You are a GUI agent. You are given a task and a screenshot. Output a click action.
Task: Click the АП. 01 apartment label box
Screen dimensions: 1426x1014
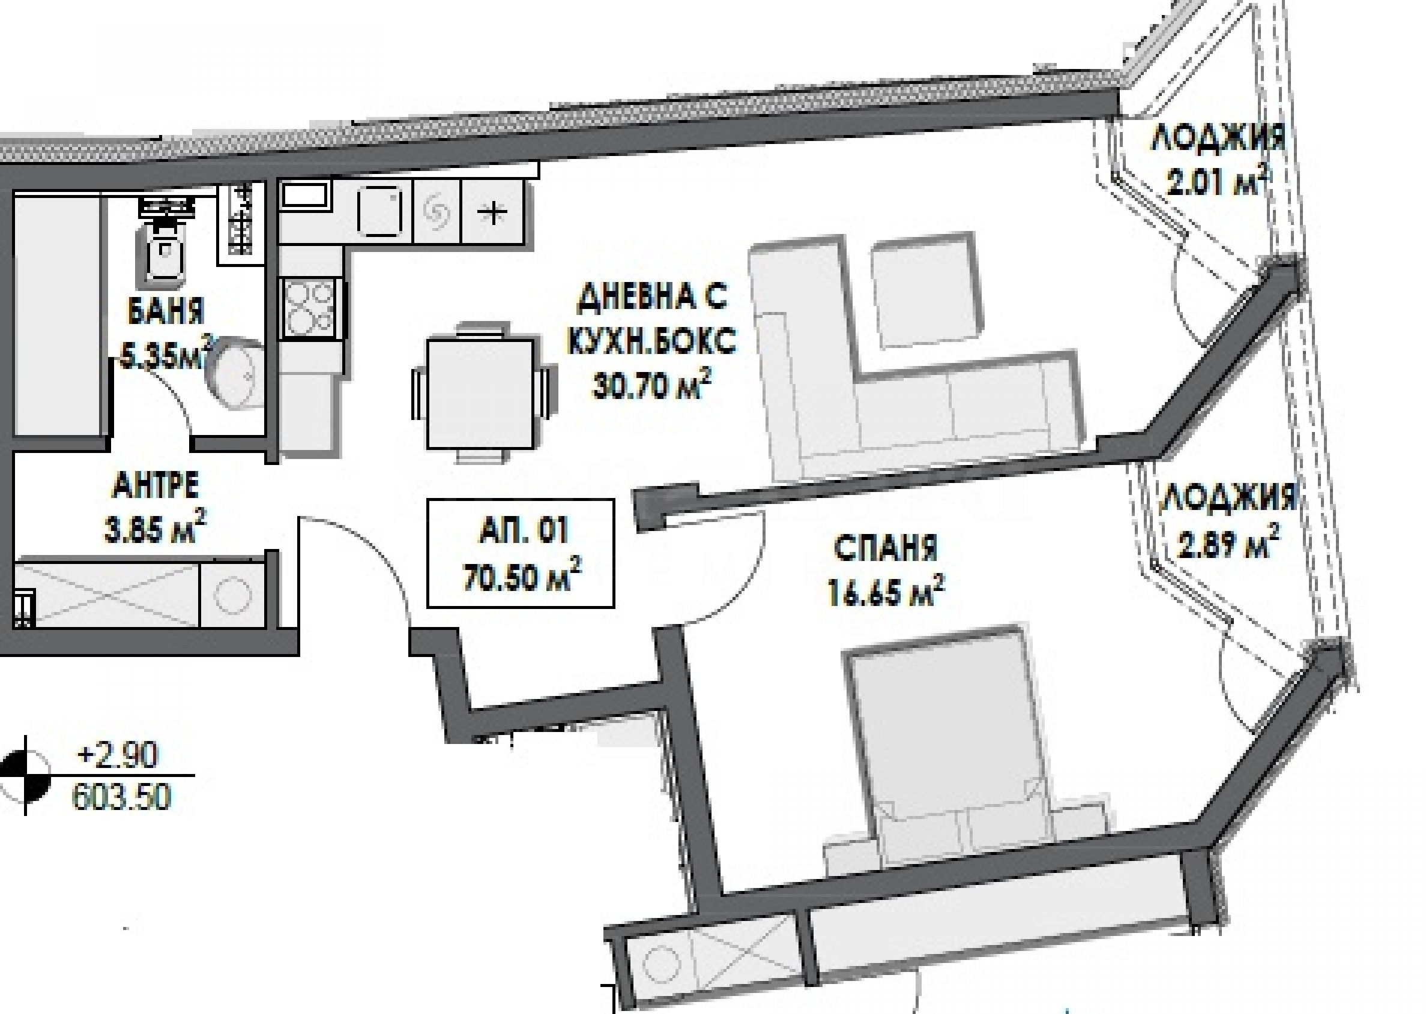520,553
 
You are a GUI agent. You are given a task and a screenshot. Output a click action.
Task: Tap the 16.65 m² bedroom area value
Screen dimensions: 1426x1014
886,590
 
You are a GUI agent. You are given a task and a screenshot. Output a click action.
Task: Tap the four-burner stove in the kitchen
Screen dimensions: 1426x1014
310,307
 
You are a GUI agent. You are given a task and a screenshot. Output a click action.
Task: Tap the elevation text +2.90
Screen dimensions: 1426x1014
117,757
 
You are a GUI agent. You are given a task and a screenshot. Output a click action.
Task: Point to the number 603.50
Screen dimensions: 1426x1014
121,797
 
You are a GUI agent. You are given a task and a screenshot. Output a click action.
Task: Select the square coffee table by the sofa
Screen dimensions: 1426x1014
923,290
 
